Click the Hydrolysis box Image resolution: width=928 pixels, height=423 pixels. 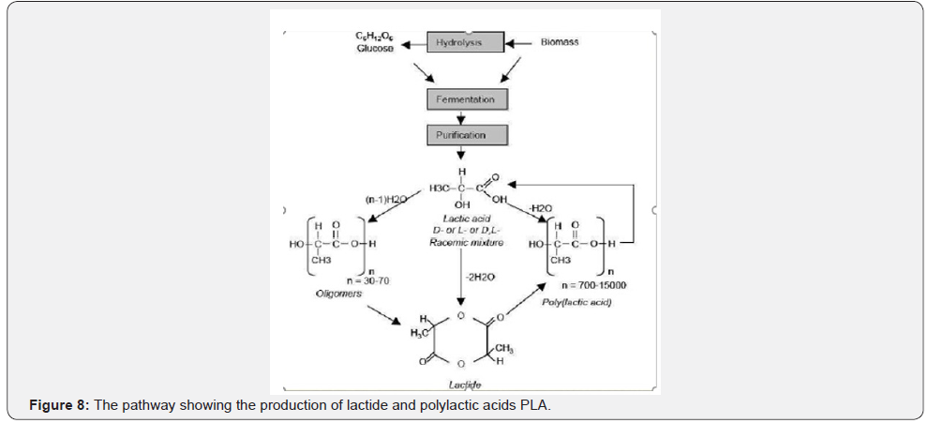click(x=458, y=43)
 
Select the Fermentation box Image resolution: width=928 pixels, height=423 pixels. click(x=466, y=98)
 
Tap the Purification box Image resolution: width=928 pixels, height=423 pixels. click(x=466, y=135)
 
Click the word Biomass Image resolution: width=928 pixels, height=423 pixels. click(x=560, y=43)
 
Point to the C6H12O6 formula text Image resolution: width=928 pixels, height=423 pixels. click(x=374, y=36)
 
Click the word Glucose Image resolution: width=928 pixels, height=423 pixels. click(x=374, y=48)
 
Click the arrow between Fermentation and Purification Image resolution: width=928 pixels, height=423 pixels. click(x=461, y=117)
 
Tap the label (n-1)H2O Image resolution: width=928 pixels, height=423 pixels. click(x=384, y=199)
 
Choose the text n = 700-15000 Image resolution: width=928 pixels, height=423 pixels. click(x=593, y=284)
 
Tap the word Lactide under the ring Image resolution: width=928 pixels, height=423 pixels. click(x=460, y=384)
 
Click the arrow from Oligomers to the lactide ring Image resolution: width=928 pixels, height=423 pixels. click(x=393, y=320)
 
